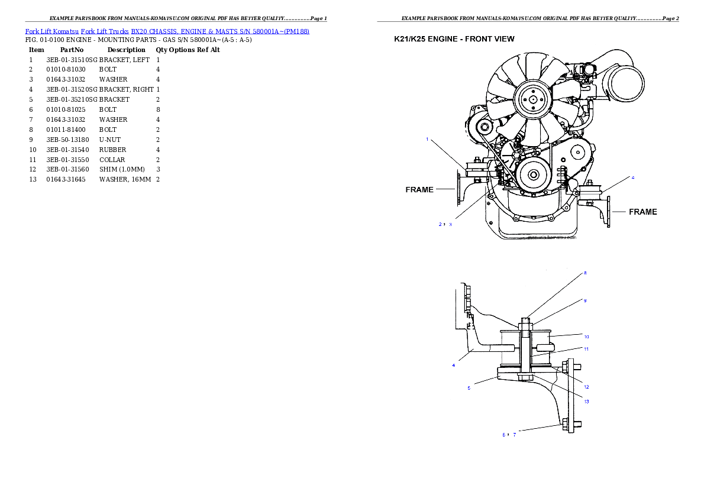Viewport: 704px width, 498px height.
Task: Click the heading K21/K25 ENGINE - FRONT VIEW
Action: [x=454, y=39]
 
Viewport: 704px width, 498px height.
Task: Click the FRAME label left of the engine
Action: [x=419, y=190]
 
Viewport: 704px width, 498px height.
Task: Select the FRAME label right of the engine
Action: [x=642, y=211]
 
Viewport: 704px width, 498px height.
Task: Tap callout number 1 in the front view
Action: [x=427, y=140]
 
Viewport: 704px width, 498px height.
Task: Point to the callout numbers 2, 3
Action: [x=445, y=224]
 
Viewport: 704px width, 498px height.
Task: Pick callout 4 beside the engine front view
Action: [x=632, y=177]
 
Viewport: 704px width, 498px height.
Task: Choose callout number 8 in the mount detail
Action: [x=584, y=273]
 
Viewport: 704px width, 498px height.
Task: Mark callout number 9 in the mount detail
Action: [x=584, y=300]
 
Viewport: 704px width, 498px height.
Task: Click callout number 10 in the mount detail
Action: [x=586, y=337]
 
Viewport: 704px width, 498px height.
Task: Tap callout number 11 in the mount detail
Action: [x=586, y=349]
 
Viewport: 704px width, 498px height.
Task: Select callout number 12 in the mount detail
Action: [x=586, y=387]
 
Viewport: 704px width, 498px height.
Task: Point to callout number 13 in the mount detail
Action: [x=586, y=401]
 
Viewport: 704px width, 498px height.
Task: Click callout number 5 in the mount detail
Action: [x=469, y=388]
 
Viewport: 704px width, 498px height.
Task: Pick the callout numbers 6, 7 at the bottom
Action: [x=509, y=435]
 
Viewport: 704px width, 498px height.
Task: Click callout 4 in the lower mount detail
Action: [x=454, y=365]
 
